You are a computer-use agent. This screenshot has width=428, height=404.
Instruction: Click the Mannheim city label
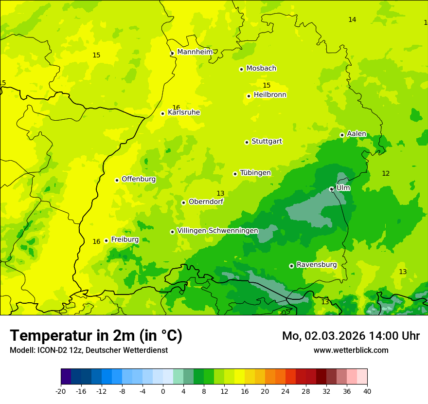point(195,52)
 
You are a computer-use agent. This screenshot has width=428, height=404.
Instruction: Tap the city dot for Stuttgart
point(247,142)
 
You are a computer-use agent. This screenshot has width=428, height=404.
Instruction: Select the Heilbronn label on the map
point(270,95)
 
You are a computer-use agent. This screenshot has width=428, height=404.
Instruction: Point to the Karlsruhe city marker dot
point(163,113)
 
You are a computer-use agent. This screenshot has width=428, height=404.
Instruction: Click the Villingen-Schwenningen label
point(217,231)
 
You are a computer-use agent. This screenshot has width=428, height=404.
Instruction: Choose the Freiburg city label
point(125,239)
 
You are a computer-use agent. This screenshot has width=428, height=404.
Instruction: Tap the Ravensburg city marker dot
point(291,266)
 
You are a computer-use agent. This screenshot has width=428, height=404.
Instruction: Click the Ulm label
point(343,188)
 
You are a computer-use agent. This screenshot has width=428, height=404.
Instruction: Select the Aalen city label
point(357,134)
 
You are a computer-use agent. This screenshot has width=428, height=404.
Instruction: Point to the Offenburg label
point(139,179)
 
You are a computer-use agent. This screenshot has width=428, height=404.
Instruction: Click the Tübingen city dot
point(235,174)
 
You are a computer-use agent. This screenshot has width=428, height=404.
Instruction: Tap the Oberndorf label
point(206,202)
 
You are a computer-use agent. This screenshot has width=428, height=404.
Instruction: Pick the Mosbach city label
point(261,69)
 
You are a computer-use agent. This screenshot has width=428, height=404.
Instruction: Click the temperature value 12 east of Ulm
point(386,173)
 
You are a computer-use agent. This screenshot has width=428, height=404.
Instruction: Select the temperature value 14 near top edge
point(352,19)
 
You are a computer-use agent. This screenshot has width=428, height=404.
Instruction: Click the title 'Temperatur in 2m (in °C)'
point(96,335)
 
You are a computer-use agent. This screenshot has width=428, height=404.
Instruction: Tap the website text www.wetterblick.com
point(351,350)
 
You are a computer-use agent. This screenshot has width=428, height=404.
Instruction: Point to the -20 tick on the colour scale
point(61,391)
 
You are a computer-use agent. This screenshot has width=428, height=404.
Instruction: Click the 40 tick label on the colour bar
point(367,391)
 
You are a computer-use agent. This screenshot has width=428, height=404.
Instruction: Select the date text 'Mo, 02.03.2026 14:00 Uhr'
point(351,336)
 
